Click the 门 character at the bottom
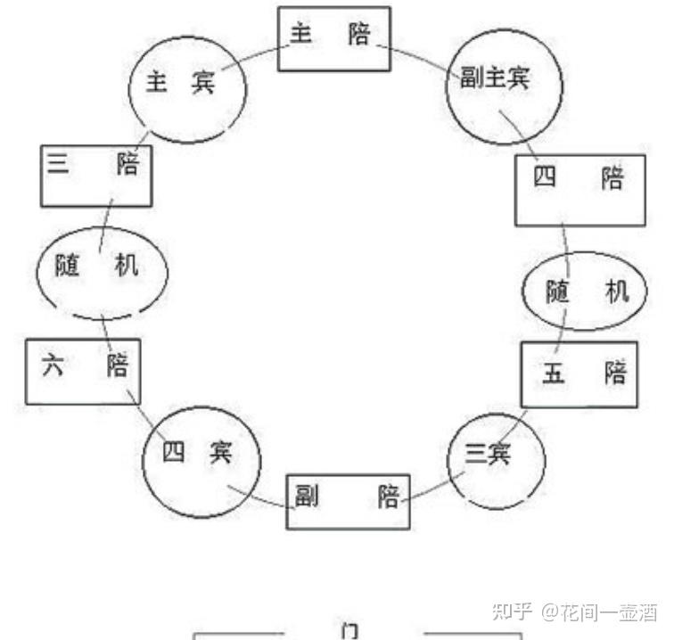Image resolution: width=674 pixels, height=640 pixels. click(349, 631)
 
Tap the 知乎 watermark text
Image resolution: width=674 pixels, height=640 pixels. click(512, 611)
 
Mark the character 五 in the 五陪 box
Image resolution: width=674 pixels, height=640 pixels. click(553, 373)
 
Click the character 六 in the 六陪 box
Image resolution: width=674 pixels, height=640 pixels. click(53, 365)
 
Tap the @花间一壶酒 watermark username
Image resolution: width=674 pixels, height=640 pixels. click(600, 611)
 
